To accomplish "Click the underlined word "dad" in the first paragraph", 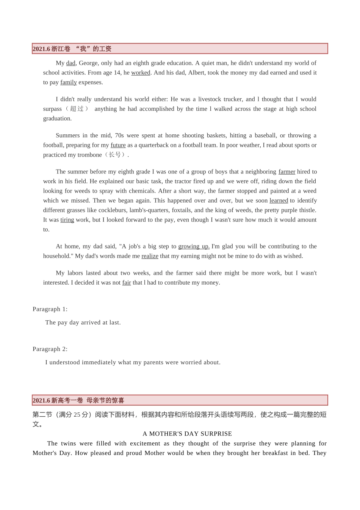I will [x=71, y=63].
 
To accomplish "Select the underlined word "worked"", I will [x=141, y=73].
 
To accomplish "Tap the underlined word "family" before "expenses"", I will [x=69, y=82].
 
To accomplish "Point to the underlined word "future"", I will [x=118, y=145].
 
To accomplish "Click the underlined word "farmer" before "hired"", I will [x=287, y=172].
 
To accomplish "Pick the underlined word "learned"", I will [x=279, y=200].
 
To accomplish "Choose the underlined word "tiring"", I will [x=67, y=220].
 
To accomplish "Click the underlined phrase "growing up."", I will [x=194, y=246].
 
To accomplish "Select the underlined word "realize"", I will [x=150, y=256].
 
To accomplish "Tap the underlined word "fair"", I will [x=127, y=283].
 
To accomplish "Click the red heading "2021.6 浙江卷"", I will [x=52, y=49].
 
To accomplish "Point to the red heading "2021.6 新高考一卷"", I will [x=58, y=400].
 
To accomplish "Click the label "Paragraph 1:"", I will [x=50, y=309].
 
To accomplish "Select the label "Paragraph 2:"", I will [x=50, y=349].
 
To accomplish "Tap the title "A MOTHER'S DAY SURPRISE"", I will [x=187, y=434].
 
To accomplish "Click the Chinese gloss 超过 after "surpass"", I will [x=77, y=109].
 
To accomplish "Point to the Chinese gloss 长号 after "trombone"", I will [x=115, y=155].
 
